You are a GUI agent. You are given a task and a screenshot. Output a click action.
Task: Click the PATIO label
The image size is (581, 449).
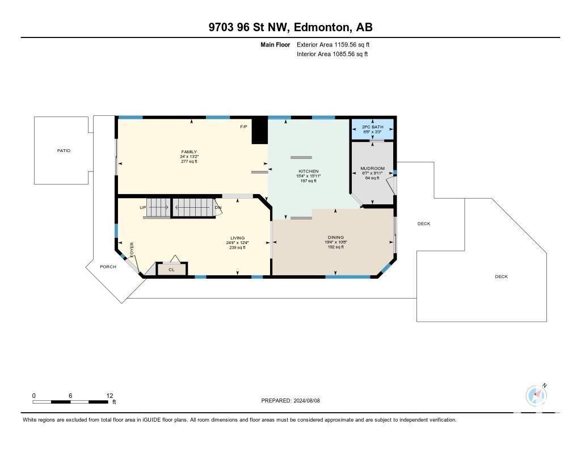click(64, 150)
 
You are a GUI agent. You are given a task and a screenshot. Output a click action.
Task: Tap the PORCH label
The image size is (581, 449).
click(108, 267)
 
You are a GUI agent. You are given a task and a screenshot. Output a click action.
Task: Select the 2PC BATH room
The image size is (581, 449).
click(372, 129)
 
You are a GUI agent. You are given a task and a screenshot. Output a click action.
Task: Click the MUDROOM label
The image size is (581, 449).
click(372, 169)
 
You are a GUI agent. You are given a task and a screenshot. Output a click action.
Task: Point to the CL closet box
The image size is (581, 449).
click(171, 269)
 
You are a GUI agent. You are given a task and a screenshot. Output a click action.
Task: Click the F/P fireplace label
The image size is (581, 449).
click(243, 127)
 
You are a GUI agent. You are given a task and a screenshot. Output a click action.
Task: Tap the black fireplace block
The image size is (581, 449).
click(260, 131)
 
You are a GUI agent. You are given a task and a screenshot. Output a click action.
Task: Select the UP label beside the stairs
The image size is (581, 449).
click(142, 208)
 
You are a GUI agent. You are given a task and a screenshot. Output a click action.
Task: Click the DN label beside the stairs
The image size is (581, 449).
click(218, 208)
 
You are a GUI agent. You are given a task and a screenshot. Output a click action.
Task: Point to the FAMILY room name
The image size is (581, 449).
click(189, 152)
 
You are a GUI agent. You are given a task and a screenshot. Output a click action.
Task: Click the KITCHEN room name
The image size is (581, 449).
click(309, 171)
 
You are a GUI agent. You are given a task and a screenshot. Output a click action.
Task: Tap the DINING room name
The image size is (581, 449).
click(336, 237)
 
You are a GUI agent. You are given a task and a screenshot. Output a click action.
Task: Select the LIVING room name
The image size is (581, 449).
click(238, 238)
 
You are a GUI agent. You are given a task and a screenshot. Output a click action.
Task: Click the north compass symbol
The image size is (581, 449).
click(536, 396)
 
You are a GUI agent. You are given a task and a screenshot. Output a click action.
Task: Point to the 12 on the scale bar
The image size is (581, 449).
click(110, 396)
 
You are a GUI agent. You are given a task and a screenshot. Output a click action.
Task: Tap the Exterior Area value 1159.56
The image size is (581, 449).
click(346, 44)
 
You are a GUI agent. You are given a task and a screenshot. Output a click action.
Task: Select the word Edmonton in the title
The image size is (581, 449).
click(322, 27)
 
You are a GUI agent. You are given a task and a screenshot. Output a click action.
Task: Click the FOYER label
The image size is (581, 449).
click(132, 250)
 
